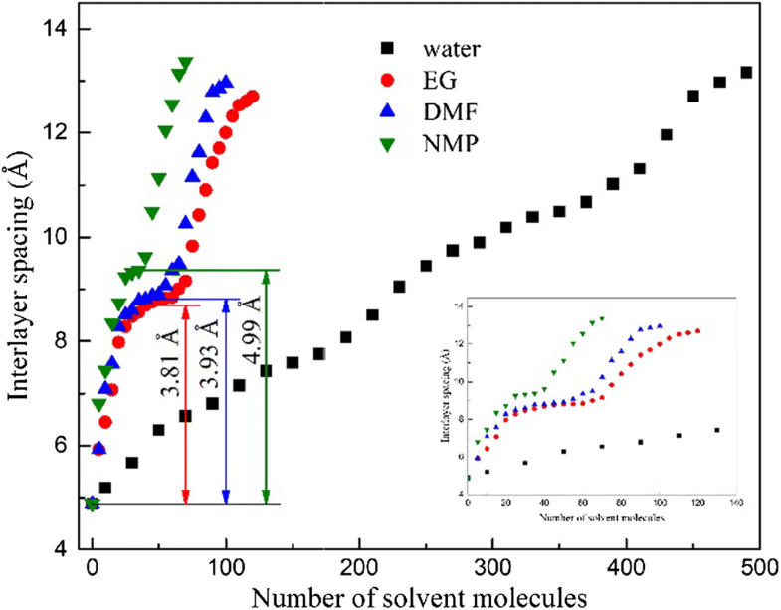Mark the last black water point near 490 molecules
pos(746,73)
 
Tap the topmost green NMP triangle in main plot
pos(184,64)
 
